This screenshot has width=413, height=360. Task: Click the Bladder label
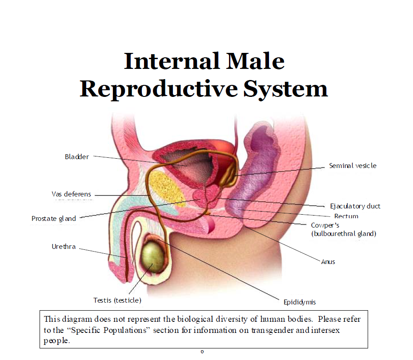(77, 157)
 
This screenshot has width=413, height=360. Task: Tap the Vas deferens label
(72, 194)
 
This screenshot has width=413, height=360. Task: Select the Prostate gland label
(54, 219)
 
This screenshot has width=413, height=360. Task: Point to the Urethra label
(64, 247)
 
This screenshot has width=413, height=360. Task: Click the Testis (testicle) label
(117, 300)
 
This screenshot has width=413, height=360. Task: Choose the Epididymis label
(300, 302)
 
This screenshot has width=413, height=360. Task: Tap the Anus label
(328, 262)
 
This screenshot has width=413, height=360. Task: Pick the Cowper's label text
(325, 225)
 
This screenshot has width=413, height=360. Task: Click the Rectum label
(346, 216)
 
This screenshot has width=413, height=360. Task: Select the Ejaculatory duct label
(355, 206)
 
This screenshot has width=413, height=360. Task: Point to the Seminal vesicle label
(353, 166)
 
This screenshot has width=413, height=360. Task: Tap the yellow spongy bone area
(166, 188)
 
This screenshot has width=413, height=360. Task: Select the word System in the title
(285, 89)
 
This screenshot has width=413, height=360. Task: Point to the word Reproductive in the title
(159, 89)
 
